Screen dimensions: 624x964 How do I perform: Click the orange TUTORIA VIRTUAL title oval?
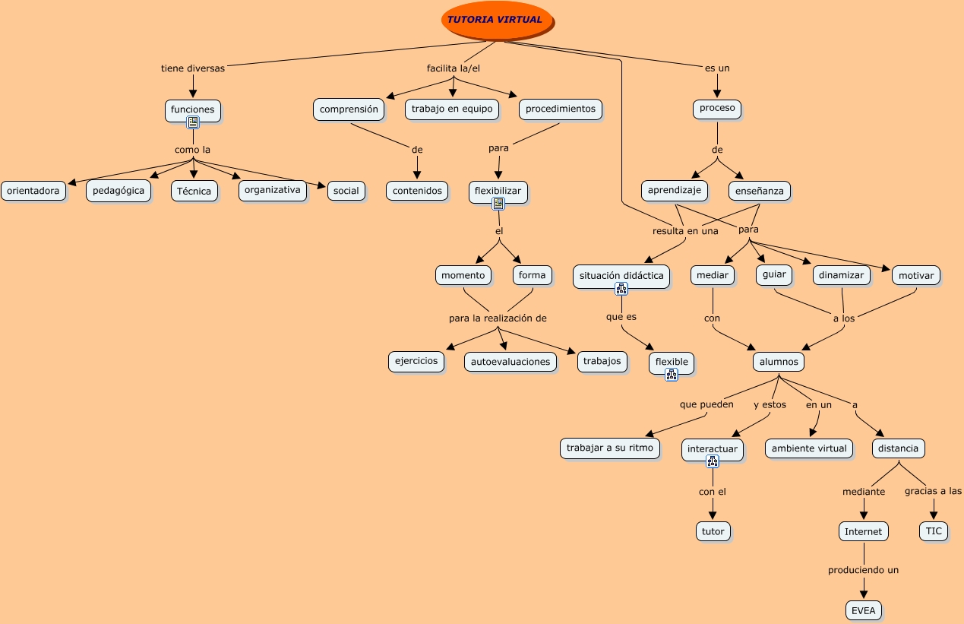pos(496,20)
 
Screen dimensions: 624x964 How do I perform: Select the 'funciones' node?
pos(193,109)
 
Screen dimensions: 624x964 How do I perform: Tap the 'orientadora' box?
pos(33,191)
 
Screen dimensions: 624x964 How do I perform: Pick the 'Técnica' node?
pos(194,191)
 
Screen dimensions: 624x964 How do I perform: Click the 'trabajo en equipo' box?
pos(452,109)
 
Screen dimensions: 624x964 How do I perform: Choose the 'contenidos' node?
pos(417,191)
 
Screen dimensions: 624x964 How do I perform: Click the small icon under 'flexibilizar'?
pos(498,204)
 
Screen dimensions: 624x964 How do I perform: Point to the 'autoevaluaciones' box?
pos(510,362)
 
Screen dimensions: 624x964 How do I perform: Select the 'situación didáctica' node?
pos(621,275)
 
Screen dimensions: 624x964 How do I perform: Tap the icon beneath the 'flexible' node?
pos(672,374)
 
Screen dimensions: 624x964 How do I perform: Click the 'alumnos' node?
pos(778,362)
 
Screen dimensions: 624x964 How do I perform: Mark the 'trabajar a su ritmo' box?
pos(610,448)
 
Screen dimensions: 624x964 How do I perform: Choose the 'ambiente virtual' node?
pos(809,448)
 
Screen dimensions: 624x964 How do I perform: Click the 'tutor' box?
pos(713,531)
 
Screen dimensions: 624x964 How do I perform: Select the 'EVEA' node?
pos(864,610)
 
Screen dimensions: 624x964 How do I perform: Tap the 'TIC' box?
pos(934,531)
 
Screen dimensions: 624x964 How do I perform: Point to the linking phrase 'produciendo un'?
pos(863,569)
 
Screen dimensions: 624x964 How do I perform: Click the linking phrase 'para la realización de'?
pos(498,318)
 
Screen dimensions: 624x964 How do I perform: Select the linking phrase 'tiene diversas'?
pos(193,68)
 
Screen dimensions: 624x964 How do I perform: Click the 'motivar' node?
pos(915,275)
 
